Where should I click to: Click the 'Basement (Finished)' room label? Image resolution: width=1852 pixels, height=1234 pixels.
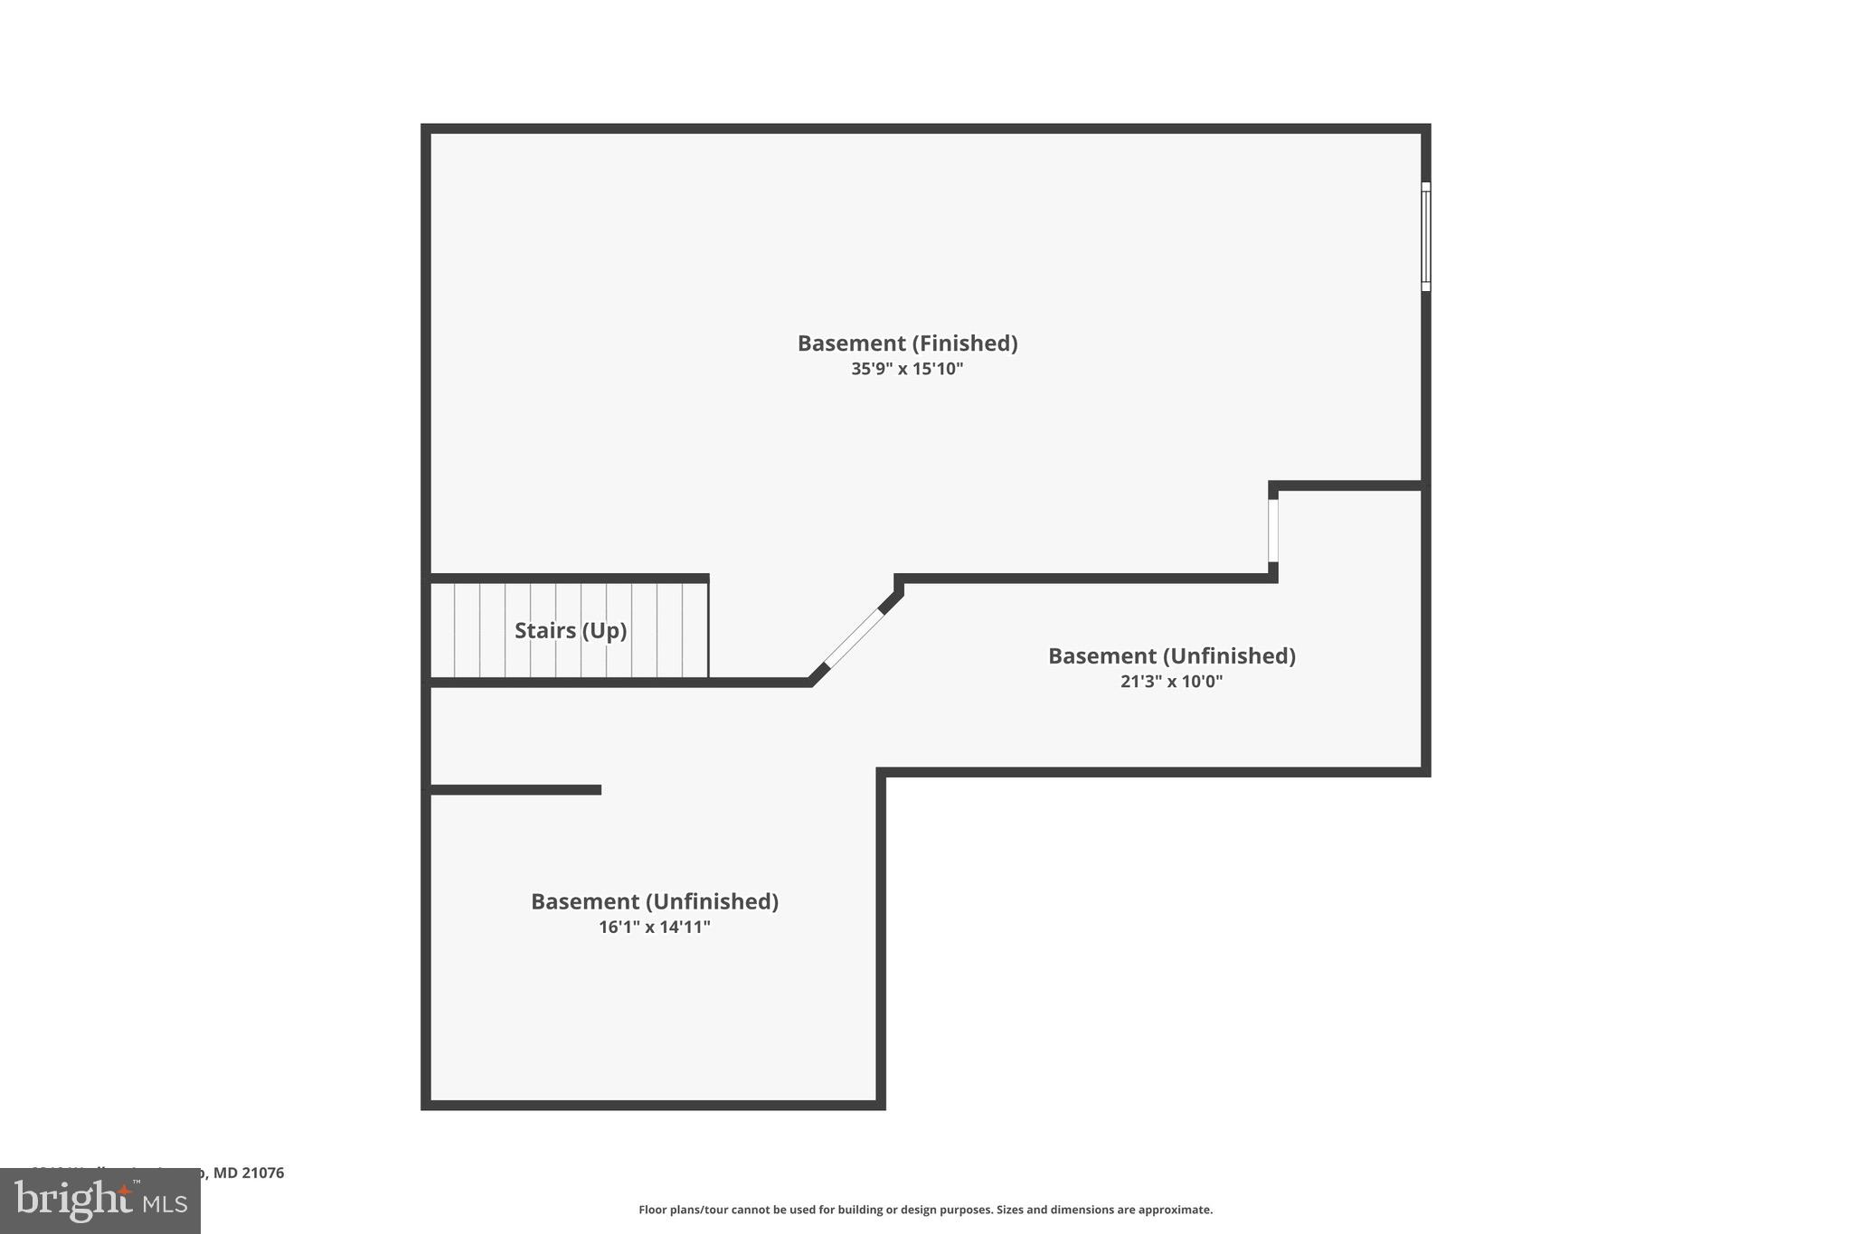tap(907, 344)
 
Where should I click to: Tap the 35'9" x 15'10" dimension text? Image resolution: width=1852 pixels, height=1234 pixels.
tap(907, 369)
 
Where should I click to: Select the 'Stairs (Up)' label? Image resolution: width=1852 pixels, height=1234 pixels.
tap(571, 630)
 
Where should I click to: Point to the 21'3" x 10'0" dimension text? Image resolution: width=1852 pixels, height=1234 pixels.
tap(1171, 682)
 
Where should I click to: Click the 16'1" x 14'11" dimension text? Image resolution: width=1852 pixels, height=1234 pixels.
tap(654, 927)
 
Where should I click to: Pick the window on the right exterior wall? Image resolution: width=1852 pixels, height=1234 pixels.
tap(1425, 237)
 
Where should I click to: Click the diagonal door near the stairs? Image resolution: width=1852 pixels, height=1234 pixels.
tap(854, 639)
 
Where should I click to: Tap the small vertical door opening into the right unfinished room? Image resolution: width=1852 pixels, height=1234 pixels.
tap(1273, 531)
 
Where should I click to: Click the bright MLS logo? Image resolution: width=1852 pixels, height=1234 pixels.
tap(100, 1201)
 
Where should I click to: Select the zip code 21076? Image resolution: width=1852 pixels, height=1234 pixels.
tap(262, 1173)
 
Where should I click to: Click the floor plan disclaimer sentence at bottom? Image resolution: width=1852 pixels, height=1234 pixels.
tap(925, 1210)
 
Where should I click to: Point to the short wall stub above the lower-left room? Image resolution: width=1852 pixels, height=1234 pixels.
tap(514, 790)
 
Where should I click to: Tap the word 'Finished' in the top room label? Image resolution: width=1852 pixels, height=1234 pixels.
tap(964, 344)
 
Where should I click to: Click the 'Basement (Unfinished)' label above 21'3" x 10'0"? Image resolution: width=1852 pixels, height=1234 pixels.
tap(1171, 656)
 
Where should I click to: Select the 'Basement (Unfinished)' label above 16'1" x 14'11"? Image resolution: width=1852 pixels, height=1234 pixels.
tap(654, 901)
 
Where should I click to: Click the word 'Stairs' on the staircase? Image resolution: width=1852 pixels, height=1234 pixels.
tap(544, 630)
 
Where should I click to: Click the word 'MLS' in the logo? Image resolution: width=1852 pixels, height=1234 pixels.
tap(163, 1204)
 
